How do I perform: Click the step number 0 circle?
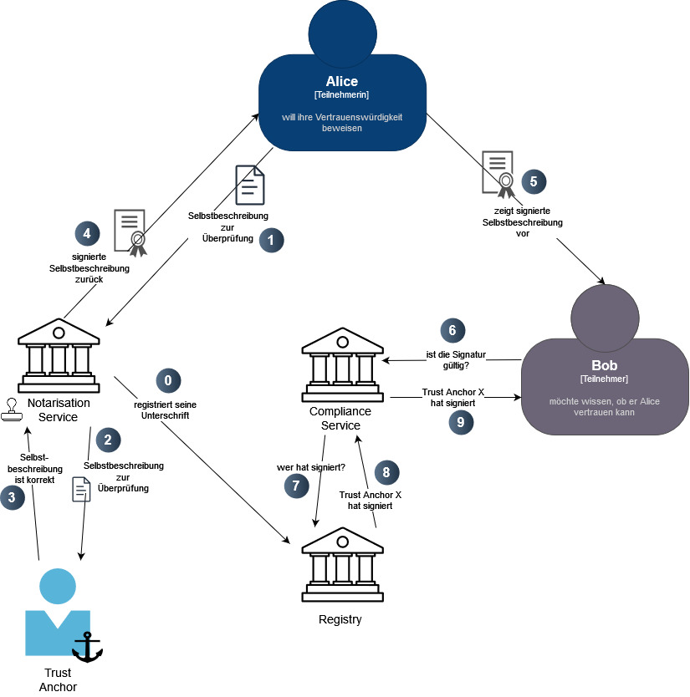(x=168, y=380)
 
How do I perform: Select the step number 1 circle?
(x=271, y=240)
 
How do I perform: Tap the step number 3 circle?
(x=12, y=498)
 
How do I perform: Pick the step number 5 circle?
(x=534, y=181)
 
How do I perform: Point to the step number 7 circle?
(x=296, y=486)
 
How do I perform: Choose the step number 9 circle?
(x=459, y=422)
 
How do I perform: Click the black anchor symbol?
(x=87, y=647)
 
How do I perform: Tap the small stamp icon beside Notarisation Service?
(x=12, y=408)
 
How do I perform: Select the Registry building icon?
(x=342, y=565)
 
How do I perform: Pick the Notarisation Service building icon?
(x=59, y=356)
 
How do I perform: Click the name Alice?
(x=342, y=82)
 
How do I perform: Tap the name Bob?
(x=604, y=366)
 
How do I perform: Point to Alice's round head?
(x=342, y=29)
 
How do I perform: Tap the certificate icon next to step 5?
(x=498, y=172)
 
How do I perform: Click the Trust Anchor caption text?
(x=58, y=679)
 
